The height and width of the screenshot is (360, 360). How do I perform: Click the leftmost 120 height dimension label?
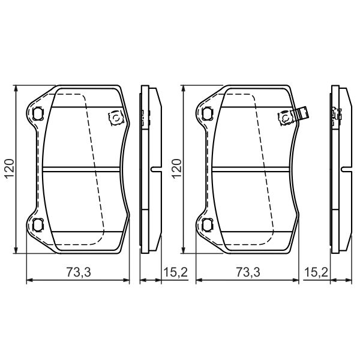pyautogui.click(x=8, y=170)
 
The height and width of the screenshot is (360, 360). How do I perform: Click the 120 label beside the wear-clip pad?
pyautogui.click(x=178, y=170)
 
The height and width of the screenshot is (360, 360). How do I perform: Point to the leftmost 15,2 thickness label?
pyautogui.click(x=175, y=273)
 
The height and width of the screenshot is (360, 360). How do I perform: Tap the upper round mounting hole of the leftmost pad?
pyautogui.click(x=38, y=113)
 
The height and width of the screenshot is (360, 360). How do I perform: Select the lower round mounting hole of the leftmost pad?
pyautogui.click(x=38, y=226)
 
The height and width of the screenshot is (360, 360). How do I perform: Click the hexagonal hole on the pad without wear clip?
pyautogui.click(x=113, y=118)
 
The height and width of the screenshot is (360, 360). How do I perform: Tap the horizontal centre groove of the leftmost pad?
pyautogui.click(x=84, y=169)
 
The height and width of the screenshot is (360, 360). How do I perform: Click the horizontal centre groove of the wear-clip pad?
pyautogui.click(x=252, y=169)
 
